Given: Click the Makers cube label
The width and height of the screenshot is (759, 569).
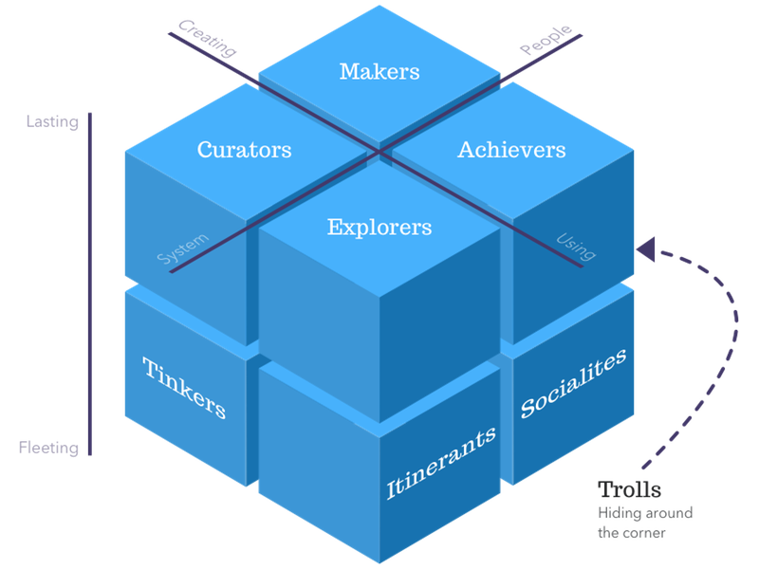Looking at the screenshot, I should [x=379, y=72].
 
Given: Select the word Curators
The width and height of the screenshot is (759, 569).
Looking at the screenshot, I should [x=244, y=150].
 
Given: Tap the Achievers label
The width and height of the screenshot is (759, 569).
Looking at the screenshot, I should [x=511, y=150].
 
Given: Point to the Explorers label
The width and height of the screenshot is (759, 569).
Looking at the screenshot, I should [x=379, y=228].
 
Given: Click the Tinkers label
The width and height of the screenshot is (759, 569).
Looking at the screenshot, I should [x=184, y=388].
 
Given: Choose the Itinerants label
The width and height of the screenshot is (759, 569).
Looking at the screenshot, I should [x=441, y=464].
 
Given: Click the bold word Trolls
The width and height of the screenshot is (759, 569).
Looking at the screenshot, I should [x=629, y=490].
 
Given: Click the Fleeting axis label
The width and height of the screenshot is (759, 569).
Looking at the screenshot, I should [x=48, y=448].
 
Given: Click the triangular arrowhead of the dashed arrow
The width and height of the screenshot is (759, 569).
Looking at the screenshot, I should [x=646, y=249].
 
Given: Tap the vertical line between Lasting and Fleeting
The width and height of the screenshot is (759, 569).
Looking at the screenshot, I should [x=90, y=284].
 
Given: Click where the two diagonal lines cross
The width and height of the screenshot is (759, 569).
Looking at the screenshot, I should [x=379, y=151].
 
